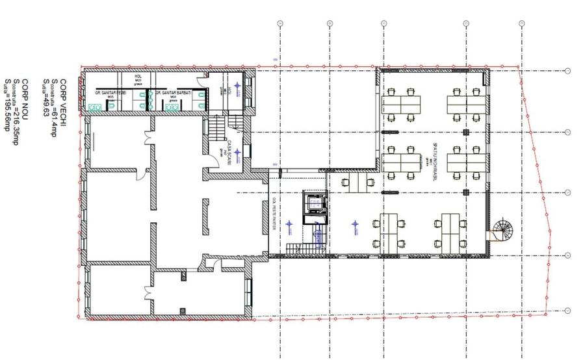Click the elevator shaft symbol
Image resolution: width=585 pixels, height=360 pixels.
click(315, 204)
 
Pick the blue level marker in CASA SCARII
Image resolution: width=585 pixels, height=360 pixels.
click(238, 153)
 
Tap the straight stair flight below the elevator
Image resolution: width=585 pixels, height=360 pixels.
click(318, 235)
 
